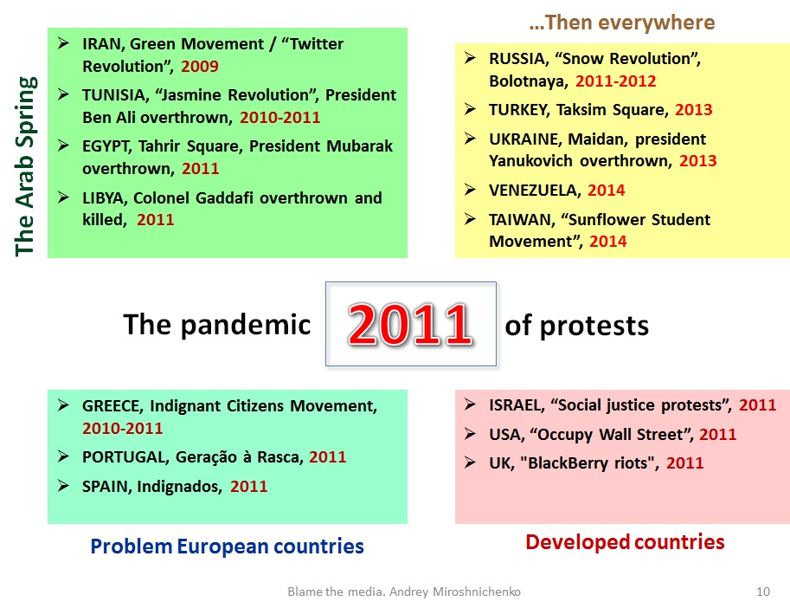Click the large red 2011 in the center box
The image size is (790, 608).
(x=410, y=324)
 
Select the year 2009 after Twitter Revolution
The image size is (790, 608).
(x=200, y=66)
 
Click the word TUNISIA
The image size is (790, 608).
(x=114, y=95)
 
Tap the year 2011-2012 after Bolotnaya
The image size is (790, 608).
(x=616, y=81)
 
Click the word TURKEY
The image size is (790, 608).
(x=519, y=110)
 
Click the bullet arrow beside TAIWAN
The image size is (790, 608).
(x=470, y=219)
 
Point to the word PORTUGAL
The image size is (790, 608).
(x=126, y=457)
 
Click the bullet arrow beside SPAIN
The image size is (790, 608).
(x=63, y=486)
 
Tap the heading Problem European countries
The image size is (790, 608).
(x=228, y=547)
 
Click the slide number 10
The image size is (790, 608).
(x=763, y=592)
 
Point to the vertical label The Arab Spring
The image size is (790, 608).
(x=26, y=166)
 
